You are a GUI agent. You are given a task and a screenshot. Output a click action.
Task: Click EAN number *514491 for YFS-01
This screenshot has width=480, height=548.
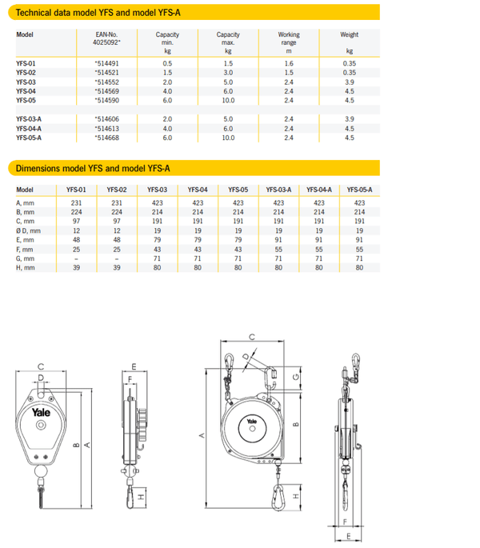(x=106, y=62)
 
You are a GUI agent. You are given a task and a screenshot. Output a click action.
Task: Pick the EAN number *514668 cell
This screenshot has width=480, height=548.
(x=106, y=138)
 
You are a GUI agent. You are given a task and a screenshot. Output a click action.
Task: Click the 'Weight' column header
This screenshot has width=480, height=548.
(x=349, y=35)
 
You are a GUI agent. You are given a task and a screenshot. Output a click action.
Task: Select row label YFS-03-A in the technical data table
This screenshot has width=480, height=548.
(x=29, y=119)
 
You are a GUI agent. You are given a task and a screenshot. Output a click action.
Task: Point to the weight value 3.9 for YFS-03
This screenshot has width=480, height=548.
(x=349, y=82)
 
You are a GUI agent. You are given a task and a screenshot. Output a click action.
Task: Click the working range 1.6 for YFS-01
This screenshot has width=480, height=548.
(x=289, y=62)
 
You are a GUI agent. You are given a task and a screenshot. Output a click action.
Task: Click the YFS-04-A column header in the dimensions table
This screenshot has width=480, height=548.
(x=319, y=190)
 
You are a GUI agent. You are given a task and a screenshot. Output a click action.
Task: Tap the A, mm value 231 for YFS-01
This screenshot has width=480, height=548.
(x=76, y=202)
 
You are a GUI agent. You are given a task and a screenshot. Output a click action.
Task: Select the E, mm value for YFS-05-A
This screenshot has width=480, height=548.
(x=359, y=239)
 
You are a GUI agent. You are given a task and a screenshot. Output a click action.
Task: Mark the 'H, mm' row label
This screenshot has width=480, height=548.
(x=26, y=267)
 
